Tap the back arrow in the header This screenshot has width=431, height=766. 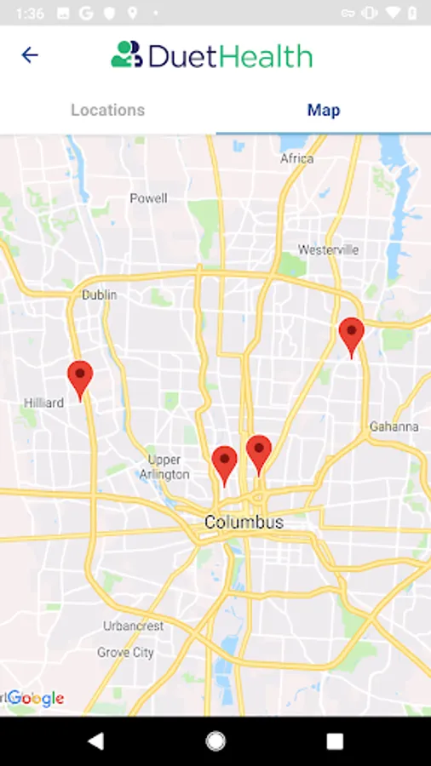[30, 55]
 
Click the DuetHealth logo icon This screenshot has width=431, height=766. [126, 54]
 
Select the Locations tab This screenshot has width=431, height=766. [107, 110]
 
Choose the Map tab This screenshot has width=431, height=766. [324, 110]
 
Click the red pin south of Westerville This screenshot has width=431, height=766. [351, 335]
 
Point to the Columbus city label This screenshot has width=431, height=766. [243, 522]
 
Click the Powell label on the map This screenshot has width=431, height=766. [148, 198]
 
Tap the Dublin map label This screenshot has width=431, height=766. [99, 294]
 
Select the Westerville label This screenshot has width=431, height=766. [328, 249]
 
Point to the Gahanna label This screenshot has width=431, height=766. [394, 426]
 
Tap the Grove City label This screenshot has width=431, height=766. [125, 653]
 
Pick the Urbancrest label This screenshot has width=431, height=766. [133, 626]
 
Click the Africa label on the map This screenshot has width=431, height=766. [296, 158]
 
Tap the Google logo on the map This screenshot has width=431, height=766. [36, 699]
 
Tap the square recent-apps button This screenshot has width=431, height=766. [335, 741]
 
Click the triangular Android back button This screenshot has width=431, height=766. [95, 741]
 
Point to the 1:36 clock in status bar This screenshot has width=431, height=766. [30, 13]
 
